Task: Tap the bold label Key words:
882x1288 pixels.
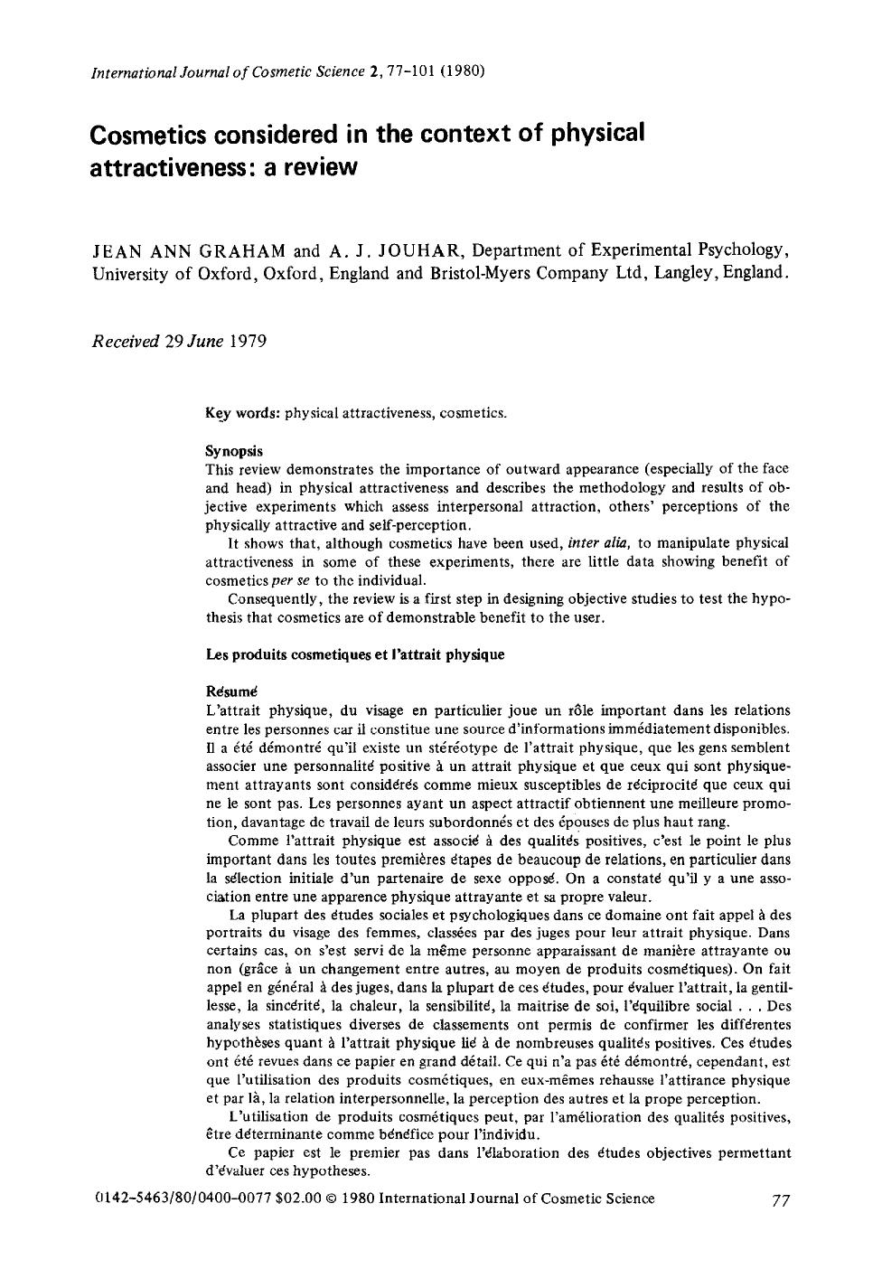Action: (x=243, y=414)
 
